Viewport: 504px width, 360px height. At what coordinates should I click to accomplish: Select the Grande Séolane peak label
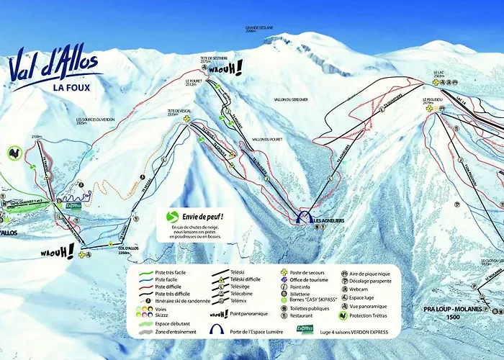[x=260, y=30]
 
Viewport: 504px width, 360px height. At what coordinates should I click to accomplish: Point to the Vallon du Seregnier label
[x=291, y=99]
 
